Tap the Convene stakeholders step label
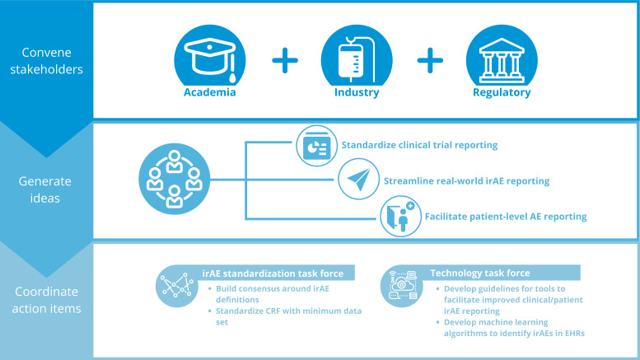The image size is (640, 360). [47, 60]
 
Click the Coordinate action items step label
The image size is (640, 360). [47, 300]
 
